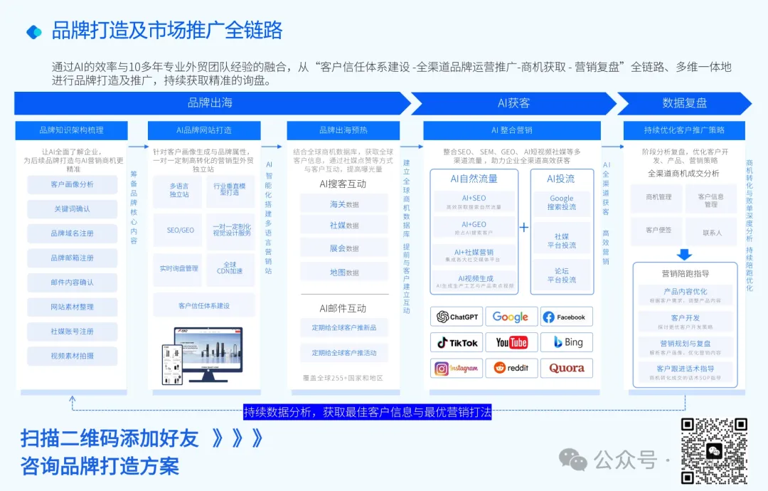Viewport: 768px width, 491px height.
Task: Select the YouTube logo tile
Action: (511, 342)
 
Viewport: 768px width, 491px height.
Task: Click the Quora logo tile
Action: (567, 368)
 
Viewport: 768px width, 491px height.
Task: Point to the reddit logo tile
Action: (511, 368)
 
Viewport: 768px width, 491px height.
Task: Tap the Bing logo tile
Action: (567, 342)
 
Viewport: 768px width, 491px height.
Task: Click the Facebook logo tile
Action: (567, 317)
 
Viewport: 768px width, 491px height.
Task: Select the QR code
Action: (715, 451)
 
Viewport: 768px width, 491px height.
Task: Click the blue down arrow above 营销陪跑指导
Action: (684, 254)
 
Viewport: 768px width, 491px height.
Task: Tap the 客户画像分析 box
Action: (73, 185)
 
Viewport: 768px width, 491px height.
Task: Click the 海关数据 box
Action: (344, 204)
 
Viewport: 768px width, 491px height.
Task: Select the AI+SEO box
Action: (474, 201)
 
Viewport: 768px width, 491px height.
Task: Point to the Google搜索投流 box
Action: (562, 202)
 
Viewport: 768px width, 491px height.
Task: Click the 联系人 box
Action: (712, 232)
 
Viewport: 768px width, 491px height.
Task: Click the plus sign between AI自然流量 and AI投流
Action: (524, 228)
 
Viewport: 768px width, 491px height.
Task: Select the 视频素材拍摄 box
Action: (73, 356)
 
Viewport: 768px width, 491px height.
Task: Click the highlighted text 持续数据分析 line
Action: (367, 412)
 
